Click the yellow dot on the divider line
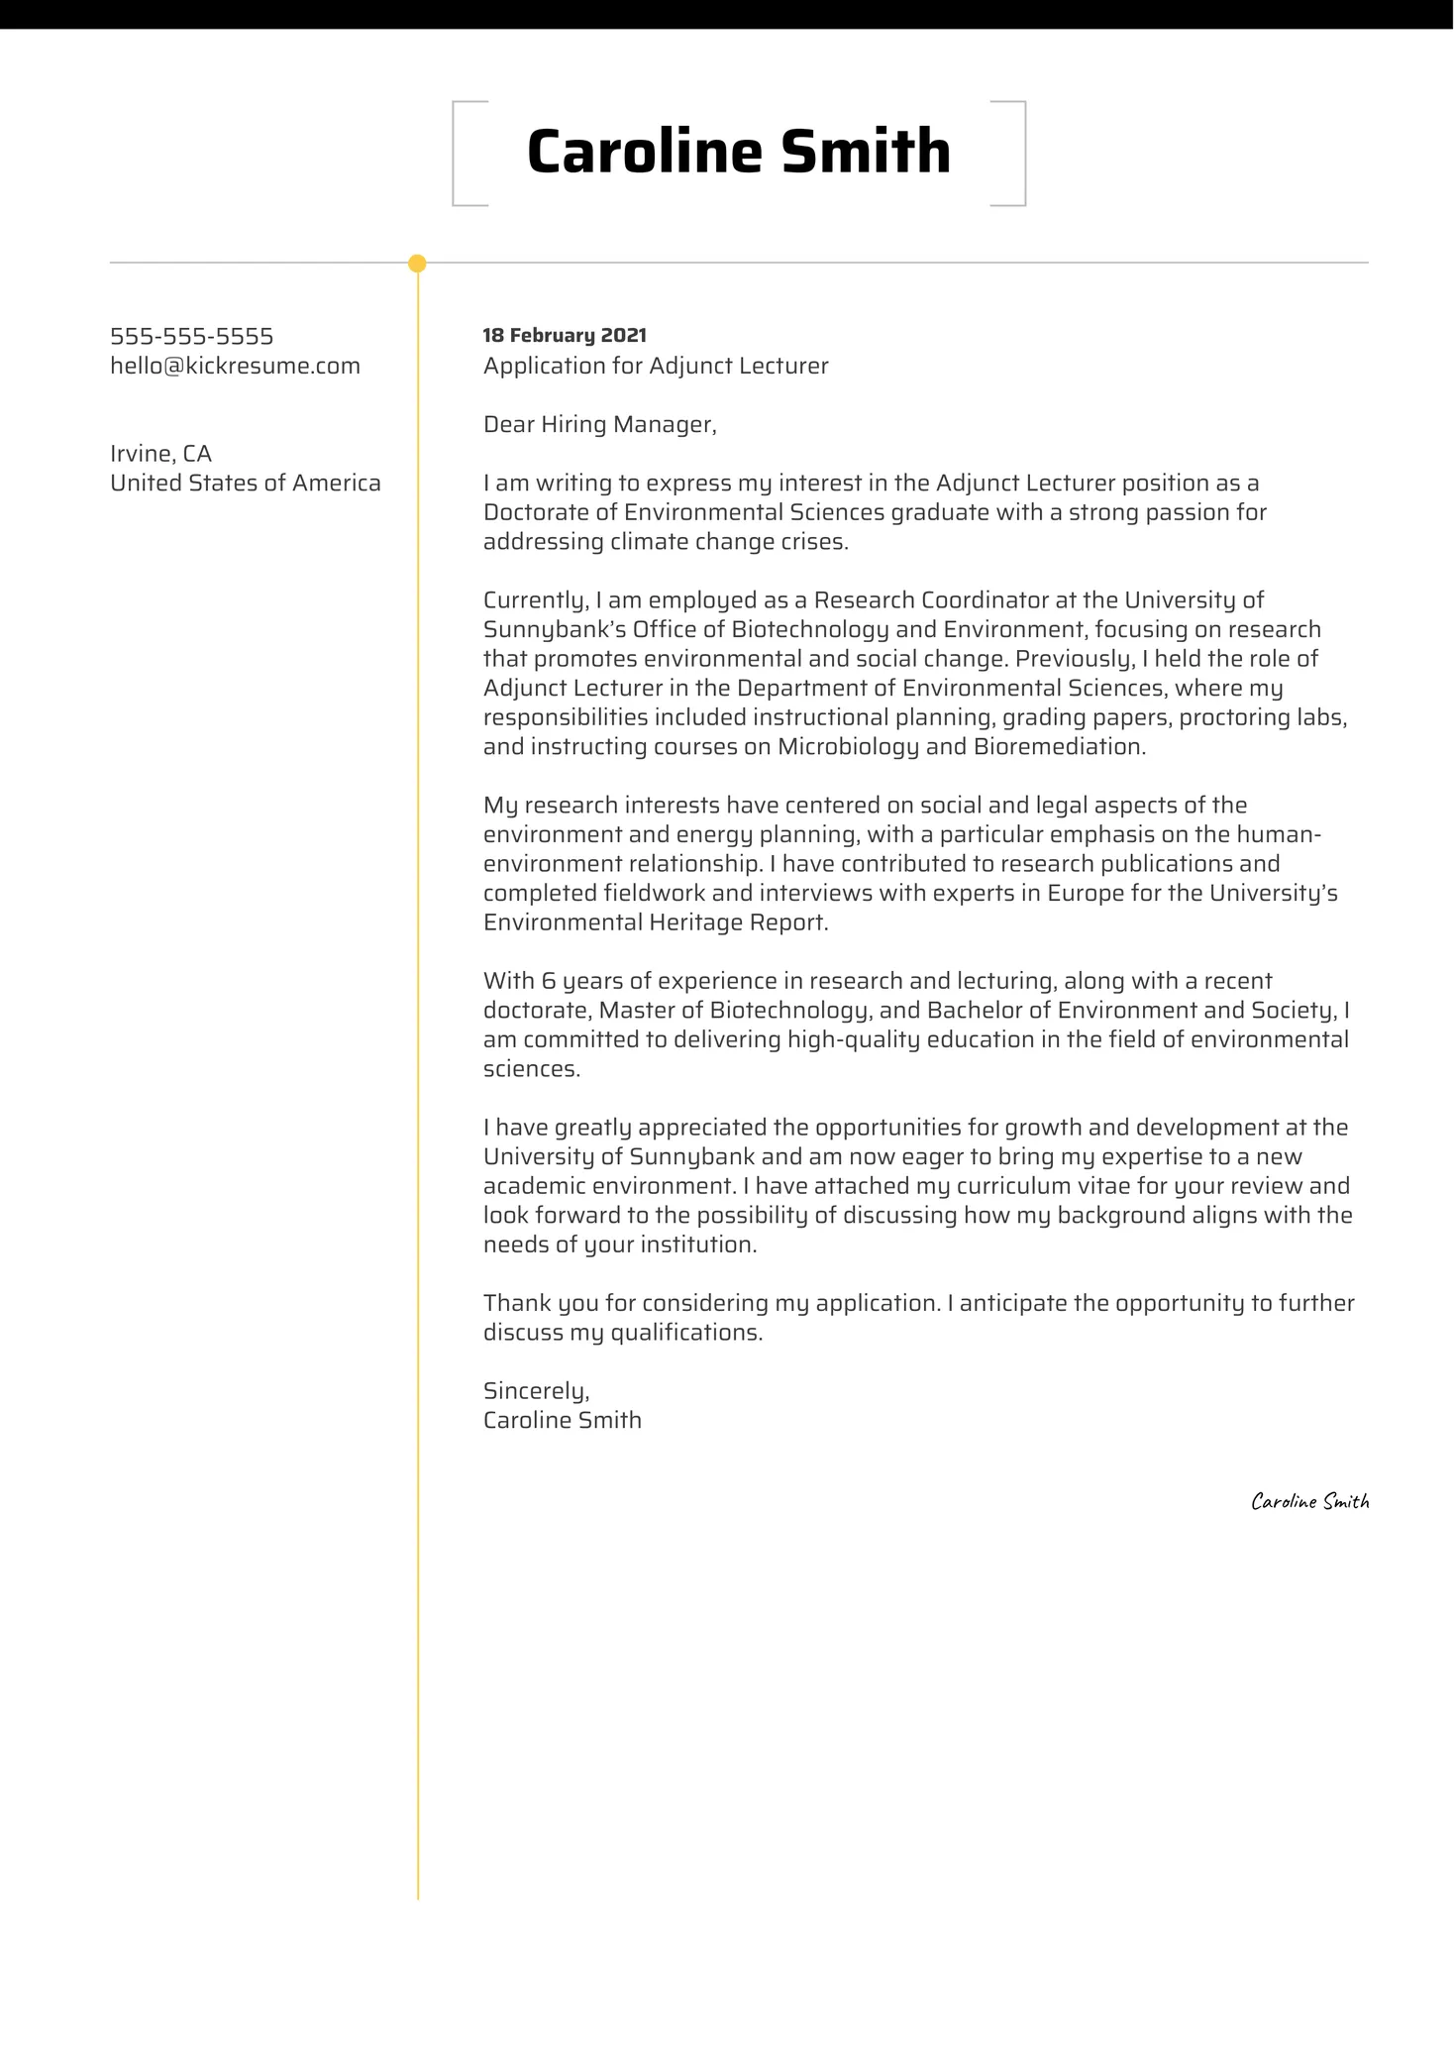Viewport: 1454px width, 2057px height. click(417, 264)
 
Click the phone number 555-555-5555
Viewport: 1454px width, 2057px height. click(191, 337)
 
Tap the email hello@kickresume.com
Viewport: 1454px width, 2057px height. click(235, 367)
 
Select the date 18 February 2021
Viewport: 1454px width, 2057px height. click(564, 336)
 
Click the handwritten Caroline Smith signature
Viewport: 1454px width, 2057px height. click(1309, 1502)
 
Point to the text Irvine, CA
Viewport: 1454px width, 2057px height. click(160, 454)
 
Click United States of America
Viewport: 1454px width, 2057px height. click(245, 484)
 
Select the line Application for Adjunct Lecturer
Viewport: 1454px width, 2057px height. click(655, 367)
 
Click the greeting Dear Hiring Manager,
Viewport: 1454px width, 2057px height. click(599, 425)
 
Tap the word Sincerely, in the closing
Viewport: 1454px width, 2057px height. click(536, 1391)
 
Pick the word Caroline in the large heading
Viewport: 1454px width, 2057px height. click(644, 153)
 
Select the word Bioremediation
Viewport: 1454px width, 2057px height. click(1059, 747)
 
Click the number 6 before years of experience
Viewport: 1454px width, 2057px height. click(549, 981)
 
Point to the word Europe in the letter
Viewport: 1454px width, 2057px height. click(1085, 894)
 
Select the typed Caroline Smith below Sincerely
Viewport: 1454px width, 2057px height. click(562, 1421)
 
